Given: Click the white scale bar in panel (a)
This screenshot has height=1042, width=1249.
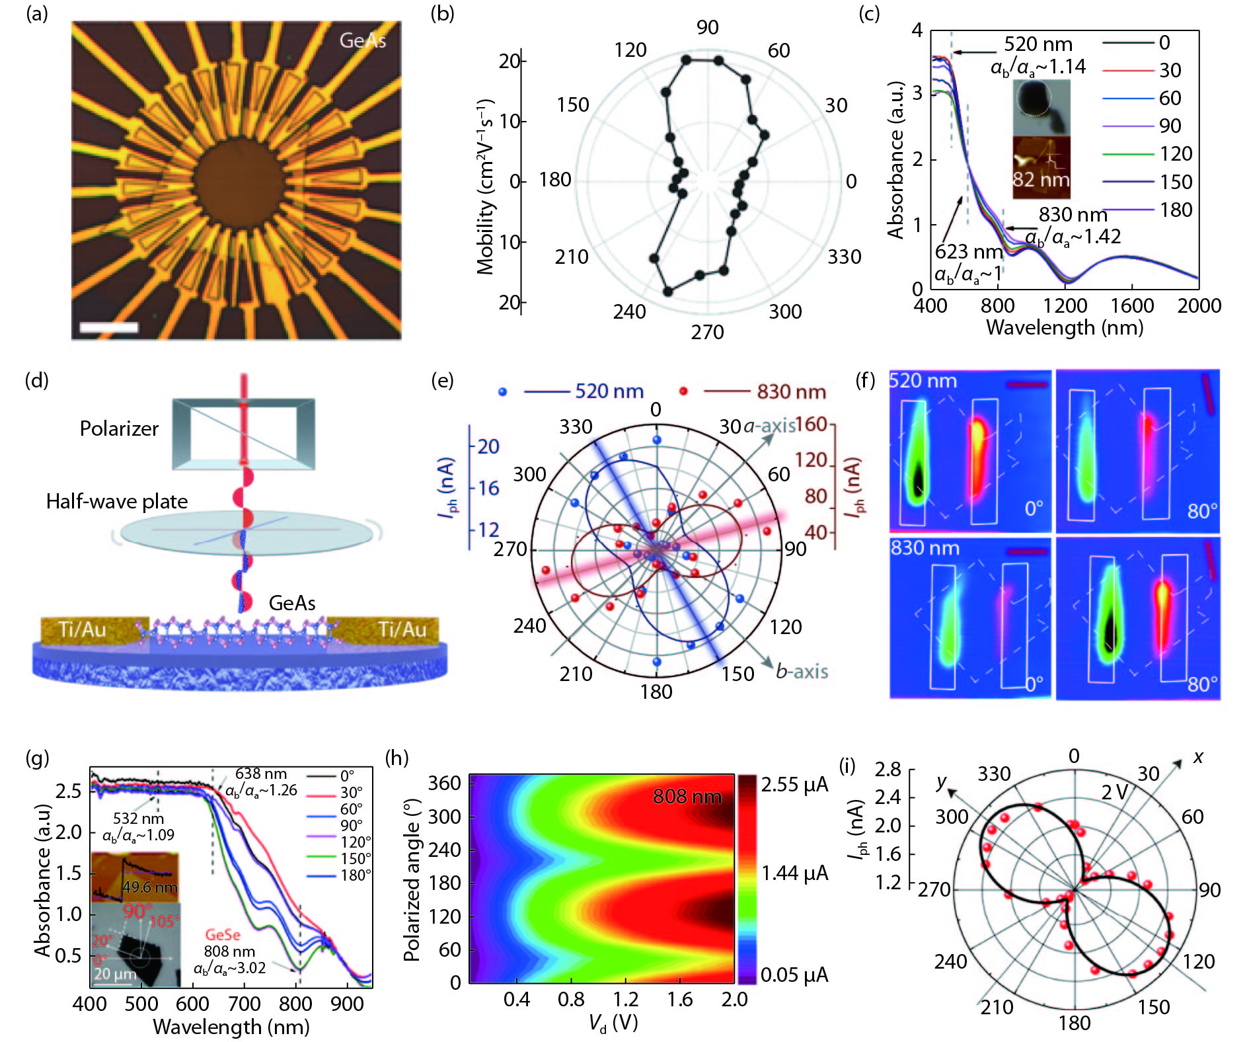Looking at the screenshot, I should (x=109, y=327).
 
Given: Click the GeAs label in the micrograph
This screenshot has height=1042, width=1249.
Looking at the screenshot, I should (x=362, y=41).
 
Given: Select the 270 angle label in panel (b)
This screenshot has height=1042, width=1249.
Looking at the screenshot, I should (x=707, y=332).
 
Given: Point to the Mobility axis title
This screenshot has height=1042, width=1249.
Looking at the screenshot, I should (x=486, y=186).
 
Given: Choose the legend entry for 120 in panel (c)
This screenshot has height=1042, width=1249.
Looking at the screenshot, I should (x=1176, y=154).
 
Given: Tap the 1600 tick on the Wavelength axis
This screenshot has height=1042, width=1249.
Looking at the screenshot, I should (x=1132, y=305).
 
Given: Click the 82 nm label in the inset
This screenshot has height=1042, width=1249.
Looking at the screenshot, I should (x=1041, y=179).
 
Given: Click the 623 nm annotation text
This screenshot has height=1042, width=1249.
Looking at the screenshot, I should (x=969, y=252).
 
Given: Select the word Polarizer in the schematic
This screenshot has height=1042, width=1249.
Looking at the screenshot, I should (x=119, y=428).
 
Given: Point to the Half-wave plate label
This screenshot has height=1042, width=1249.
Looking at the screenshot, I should (x=117, y=501).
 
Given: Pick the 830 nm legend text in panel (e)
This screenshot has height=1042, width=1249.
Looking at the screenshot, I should (x=791, y=392).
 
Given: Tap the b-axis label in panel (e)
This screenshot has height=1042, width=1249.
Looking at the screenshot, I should (x=802, y=672).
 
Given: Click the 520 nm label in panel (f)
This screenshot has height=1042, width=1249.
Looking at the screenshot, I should (x=923, y=381).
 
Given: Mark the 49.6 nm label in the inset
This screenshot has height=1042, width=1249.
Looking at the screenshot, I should (x=149, y=887).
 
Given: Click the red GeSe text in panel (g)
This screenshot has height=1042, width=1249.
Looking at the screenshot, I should (x=222, y=935).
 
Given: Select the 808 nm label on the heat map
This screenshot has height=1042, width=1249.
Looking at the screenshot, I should (x=687, y=796).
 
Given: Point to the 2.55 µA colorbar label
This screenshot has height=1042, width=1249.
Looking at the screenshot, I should (x=794, y=785).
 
